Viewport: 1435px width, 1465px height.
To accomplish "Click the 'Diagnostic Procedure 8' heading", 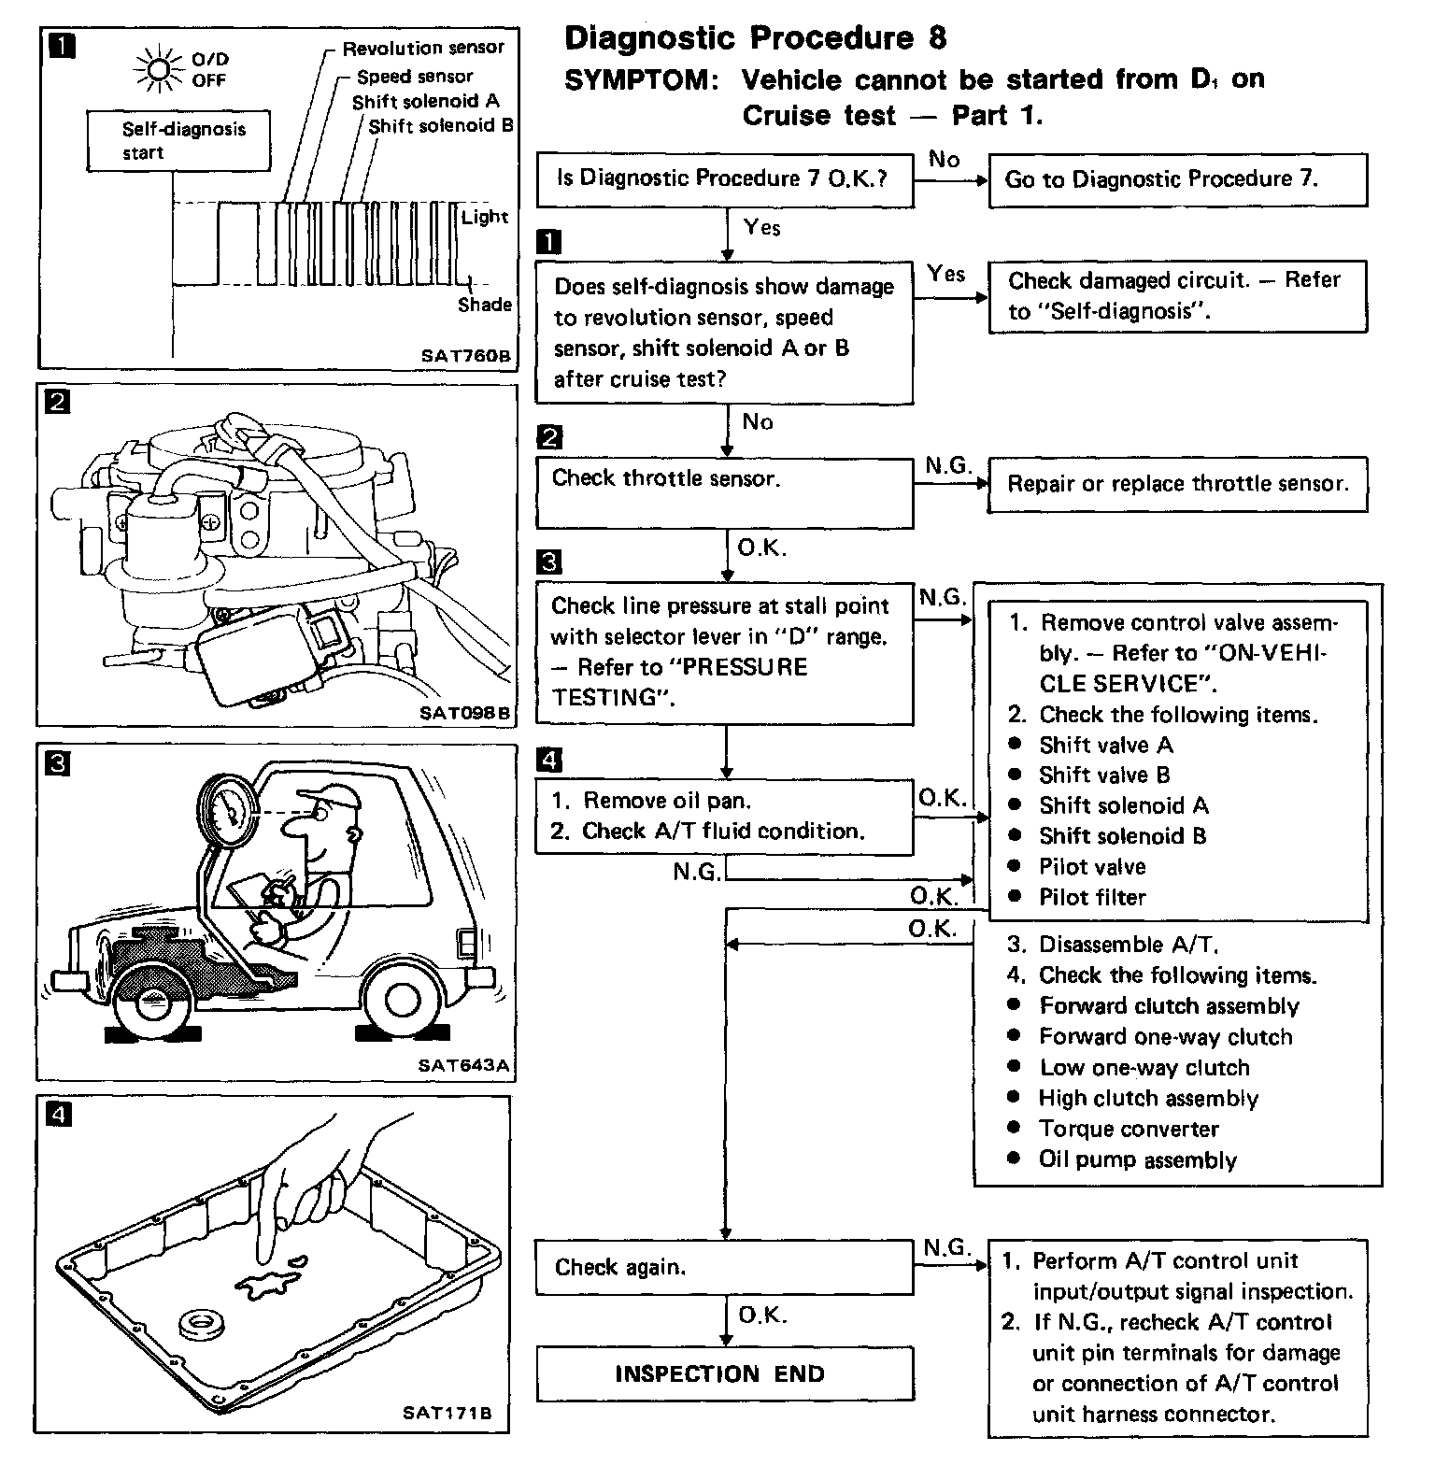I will pyautogui.click(x=755, y=38).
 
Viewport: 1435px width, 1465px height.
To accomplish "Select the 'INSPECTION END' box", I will pyautogui.click(x=724, y=1373).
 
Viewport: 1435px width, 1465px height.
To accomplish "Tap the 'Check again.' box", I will pyautogui.click(x=724, y=1267).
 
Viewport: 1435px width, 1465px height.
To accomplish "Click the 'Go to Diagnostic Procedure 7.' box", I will pyautogui.click(x=1177, y=179).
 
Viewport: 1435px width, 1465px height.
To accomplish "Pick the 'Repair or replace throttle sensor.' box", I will pyautogui.click(x=1177, y=484).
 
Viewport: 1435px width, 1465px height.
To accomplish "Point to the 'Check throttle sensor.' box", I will pyautogui.click(x=724, y=492).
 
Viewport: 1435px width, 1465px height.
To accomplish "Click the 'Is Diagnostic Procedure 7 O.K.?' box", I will pyautogui.click(x=724, y=179).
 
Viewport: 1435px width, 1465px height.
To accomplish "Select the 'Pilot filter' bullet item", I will pyautogui.click(x=1091, y=898).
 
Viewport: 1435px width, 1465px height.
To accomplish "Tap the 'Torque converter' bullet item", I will pyautogui.click(x=1128, y=1130).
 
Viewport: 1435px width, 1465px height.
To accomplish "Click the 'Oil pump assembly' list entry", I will pyautogui.click(x=1137, y=1160).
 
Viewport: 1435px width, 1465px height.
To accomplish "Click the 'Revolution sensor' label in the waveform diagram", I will pyautogui.click(x=422, y=49).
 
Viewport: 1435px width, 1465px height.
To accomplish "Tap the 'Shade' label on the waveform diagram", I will pyautogui.click(x=484, y=305).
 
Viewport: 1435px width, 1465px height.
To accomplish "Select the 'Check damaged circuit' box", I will pyautogui.click(x=1177, y=296).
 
